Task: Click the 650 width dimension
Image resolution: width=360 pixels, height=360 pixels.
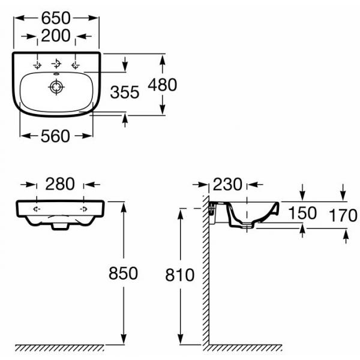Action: tap(56, 18)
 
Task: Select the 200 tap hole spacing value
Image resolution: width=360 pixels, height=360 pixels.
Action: tap(56, 35)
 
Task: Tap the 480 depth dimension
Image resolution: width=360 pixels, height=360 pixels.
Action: tap(163, 85)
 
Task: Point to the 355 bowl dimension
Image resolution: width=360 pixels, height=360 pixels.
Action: tap(125, 92)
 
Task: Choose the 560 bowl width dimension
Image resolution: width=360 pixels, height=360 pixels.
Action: tap(55, 136)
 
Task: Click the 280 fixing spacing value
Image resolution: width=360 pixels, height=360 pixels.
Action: tap(60, 184)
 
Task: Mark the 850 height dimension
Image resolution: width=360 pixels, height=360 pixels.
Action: tap(123, 273)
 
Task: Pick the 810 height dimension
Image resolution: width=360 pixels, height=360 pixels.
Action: tap(180, 275)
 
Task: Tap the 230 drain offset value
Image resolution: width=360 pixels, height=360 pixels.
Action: tap(227, 184)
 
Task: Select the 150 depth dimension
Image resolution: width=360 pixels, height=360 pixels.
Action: tap(302, 213)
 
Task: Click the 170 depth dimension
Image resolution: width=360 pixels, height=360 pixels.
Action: tap(343, 215)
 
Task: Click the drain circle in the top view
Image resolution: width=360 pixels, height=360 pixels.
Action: tap(56, 87)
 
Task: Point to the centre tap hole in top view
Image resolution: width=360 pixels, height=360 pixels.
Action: tap(56, 63)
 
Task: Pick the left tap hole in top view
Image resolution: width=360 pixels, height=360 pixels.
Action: tap(37, 65)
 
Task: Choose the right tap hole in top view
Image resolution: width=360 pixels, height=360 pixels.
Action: tap(76, 65)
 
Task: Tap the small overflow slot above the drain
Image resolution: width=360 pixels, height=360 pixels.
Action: tap(56, 74)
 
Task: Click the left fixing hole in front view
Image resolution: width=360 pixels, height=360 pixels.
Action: tap(37, 209)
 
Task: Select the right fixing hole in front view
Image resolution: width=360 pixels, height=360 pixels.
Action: tap(83, 209)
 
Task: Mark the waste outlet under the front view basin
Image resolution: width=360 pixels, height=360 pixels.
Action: tap(60, 226)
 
